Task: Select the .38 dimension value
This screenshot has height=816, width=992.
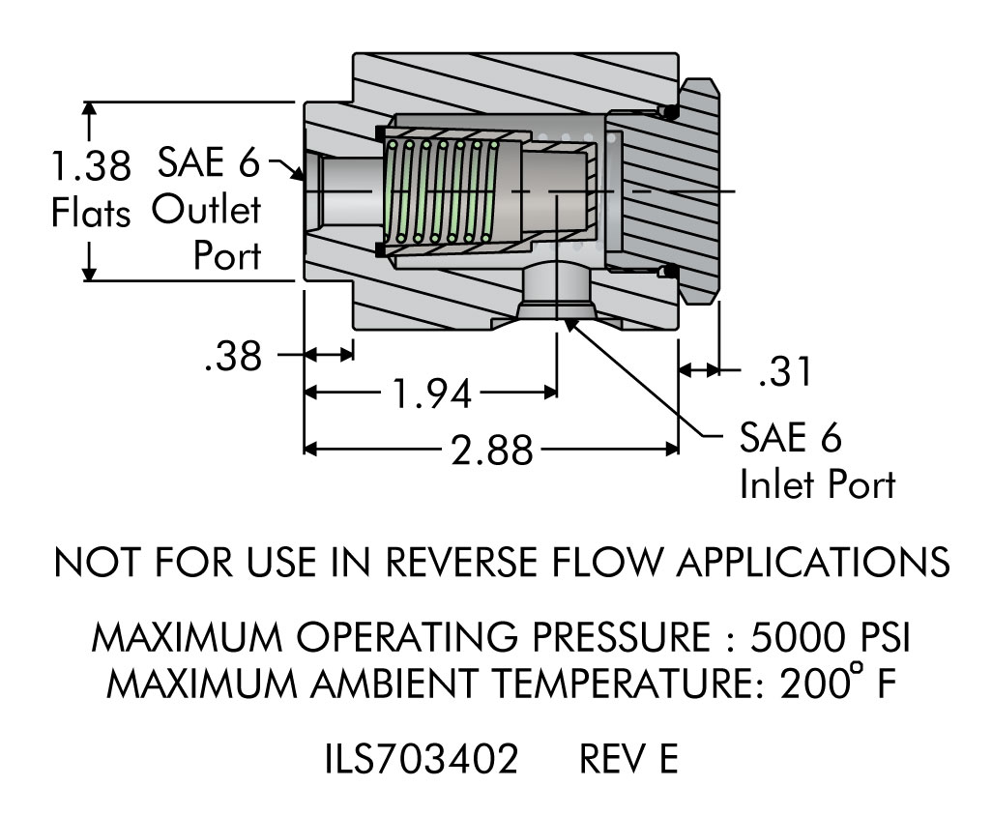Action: [x=233, y=357]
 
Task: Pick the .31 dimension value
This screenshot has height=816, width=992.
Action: [x=784, y=372]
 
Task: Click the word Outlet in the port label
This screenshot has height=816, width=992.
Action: [x=206, y=211]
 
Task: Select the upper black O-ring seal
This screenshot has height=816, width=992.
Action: [x=668, y=112]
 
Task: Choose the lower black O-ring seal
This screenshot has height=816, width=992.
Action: [x=667, y=273]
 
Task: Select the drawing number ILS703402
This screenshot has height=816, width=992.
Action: [x=421, y=760]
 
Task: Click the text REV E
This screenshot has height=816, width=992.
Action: [x=628, y=760]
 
